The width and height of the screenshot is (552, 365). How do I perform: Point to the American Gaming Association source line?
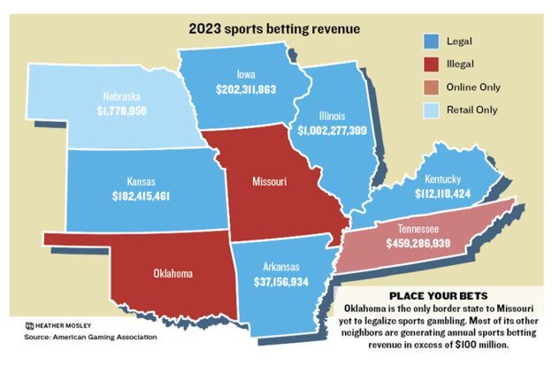[91, 337]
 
